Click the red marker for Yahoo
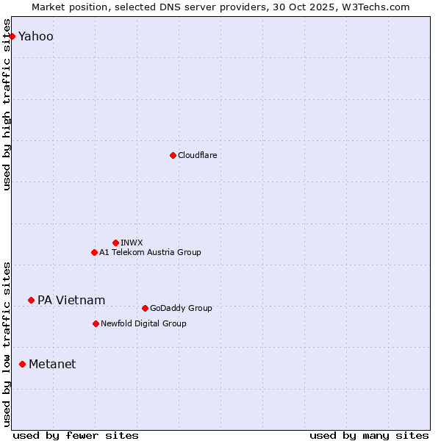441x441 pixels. [x=12, y=36]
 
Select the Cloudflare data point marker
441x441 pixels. [x=173, y=155]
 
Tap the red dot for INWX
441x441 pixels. [x=115, y=243]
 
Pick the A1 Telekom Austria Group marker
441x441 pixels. [x=94, y=252]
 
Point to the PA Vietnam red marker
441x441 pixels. [x=31, y=300]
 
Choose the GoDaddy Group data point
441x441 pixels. [x=145, y=308]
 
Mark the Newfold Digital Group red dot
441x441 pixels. [x=96, y=323]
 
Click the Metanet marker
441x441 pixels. [x=22, y=364]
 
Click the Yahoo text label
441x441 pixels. [x=36, y=36]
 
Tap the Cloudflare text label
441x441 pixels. [x=197, y=155]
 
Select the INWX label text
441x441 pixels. [x=132, y=243]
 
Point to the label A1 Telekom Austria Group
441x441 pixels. [x=150, y=252]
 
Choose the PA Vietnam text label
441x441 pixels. [x=71, y=300]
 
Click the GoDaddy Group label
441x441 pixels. [x=181, y=308]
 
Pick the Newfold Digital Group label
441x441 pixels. [x=143, y=323]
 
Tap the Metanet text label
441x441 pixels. [x=52, y=364]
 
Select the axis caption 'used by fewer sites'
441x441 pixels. [x=76, y=435]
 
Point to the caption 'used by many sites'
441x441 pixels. [x=369, y=435]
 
